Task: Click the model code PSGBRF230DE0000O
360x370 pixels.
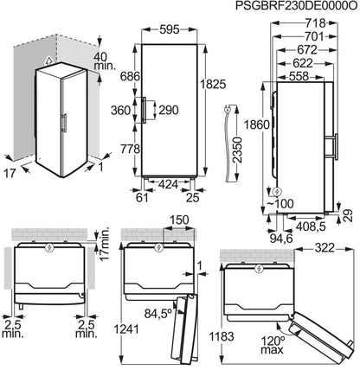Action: (x=297, y=6)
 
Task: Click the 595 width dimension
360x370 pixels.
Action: (x=170, y=29)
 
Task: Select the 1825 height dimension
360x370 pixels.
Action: (x=213, y=84)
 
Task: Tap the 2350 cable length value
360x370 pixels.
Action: (x=239, y=150)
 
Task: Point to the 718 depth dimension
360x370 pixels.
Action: (x=315, y=23)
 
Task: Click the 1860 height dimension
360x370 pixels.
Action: (x=256, y=124)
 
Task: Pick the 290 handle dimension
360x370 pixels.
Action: (x=169, y=110)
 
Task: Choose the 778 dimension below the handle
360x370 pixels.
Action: (x=130, y=149)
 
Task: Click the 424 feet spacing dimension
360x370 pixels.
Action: (x=168, y=184)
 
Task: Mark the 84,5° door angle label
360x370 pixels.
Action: (x=158, y=314)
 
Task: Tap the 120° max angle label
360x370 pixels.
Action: (x=273, y=345)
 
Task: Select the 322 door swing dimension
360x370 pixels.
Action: (x=325, y=248)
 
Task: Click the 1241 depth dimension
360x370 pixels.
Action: (x=126, y=329)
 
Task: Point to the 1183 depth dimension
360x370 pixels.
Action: (x=222, y=336)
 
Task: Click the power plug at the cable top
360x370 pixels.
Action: (x=228, y=109)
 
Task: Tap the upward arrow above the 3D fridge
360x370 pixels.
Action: (x=49, y=60)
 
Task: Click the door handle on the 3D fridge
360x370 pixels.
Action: (x=64, y=123)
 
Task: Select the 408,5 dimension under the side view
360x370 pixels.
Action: (x=311, y=226)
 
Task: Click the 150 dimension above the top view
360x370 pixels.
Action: (x=179, y=220)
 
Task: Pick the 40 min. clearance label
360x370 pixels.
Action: (x=105, y=61)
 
